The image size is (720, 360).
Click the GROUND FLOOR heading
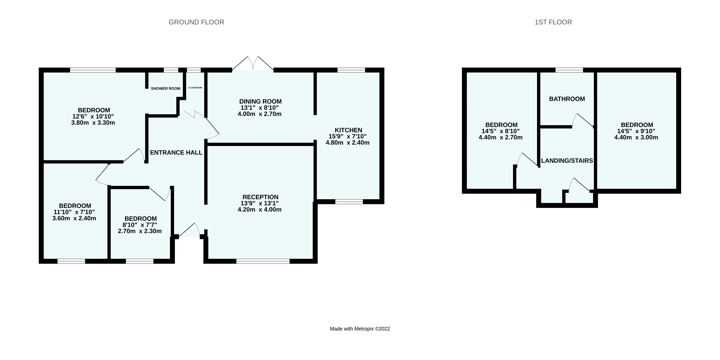[x=196, y=22]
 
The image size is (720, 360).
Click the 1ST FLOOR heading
[x=553, y=22]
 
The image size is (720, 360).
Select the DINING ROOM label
[x=260, y=101]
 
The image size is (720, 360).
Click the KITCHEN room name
[x=348, y=130]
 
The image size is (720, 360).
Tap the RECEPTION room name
[x=260, y=197]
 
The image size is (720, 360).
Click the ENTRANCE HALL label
[x=176, y=152]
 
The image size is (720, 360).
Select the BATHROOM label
[x=567, y=99]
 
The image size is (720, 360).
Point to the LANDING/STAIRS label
[x=567, y=161]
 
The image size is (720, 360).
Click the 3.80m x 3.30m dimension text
[x=93, y=123]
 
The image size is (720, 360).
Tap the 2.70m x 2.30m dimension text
[x=140, y=231]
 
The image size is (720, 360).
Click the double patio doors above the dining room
[x=253, y=64]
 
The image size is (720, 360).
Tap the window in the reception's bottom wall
[x=263, y=261]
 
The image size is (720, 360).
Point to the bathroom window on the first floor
[x=569, y=70]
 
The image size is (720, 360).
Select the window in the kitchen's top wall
[x=351, y=70]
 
